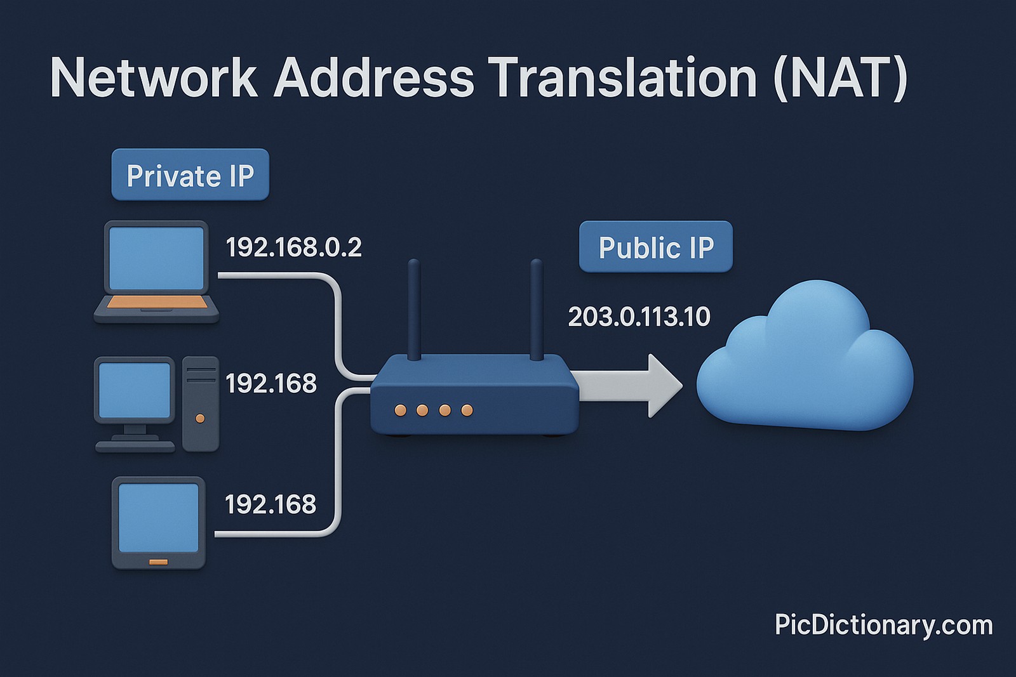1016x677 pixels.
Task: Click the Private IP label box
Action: point(190,175)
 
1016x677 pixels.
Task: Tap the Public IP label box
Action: point(655,247)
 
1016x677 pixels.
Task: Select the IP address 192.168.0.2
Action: point(293,247)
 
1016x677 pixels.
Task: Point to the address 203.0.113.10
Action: point(639,317)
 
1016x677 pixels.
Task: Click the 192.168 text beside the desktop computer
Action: point(271,383)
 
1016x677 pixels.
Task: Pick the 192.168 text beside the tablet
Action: point(271,504)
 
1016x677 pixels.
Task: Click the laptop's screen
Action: point(156,258)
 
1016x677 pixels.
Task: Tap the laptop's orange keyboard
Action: point(157,303)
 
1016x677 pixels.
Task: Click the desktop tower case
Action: point(201,404)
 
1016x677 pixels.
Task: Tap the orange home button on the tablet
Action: point(158,562)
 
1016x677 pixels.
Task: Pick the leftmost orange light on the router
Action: point(400,411)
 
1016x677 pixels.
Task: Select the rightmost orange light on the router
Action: point(467,411)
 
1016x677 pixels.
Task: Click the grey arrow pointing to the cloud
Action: point(629,385)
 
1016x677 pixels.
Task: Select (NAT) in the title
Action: point(840,78)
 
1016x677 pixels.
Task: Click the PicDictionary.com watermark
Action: point(883,625)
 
